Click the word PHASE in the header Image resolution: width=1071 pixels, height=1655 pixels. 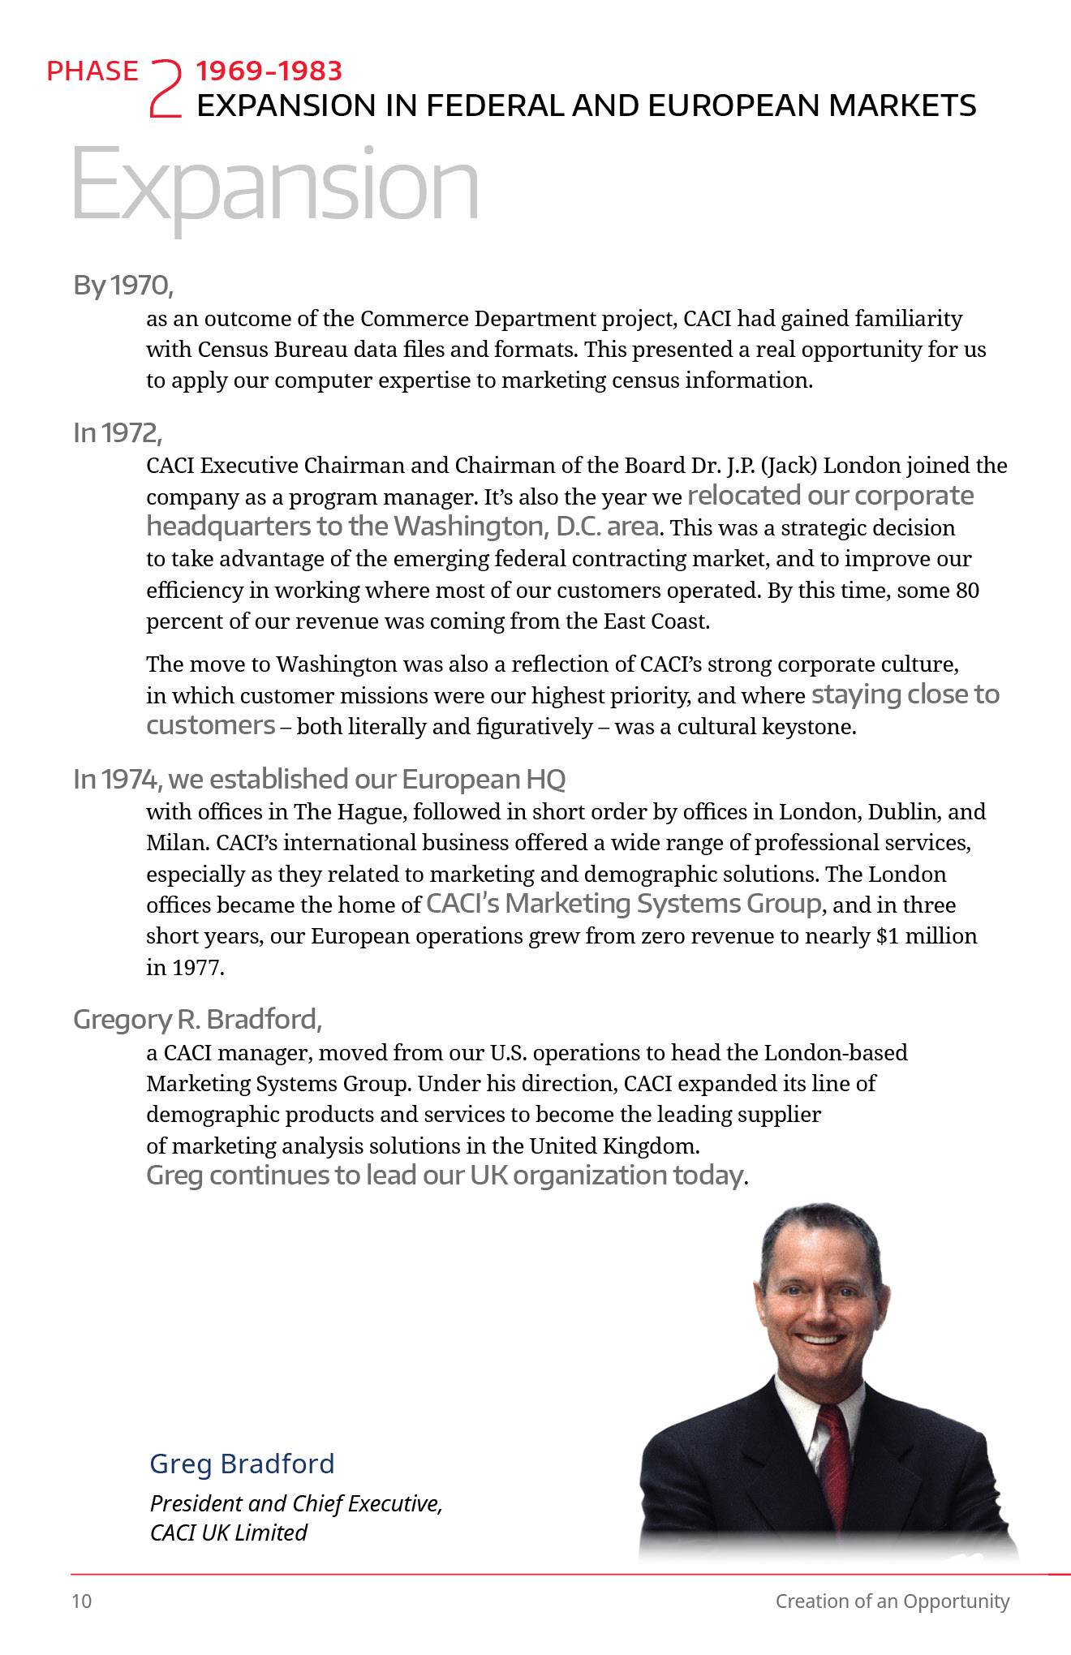click(92, 71)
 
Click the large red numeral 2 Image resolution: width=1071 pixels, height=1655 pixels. click(166, 89)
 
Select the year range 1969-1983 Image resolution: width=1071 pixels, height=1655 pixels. click(269, 71)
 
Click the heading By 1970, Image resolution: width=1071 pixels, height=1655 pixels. click(123, 286)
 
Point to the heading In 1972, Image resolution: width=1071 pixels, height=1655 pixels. click(118, 433)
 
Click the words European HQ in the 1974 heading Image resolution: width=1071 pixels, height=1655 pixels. click(484, 780)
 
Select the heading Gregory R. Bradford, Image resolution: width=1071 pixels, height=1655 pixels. click(197, 1020)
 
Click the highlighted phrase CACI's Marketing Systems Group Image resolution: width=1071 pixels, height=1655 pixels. click(624, 904)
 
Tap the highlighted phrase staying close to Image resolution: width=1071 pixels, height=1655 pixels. click(905, 695)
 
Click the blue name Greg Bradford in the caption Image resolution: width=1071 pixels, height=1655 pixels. click(242, 1464)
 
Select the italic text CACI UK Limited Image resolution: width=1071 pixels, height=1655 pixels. click(229, 1533)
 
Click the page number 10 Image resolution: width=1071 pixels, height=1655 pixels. click(82, 1601)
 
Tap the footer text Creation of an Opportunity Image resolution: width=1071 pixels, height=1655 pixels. click(892, 1601)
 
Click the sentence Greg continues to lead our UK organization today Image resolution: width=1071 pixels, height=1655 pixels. click(446, 1176)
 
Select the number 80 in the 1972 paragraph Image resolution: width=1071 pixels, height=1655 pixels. click(967, 591)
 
